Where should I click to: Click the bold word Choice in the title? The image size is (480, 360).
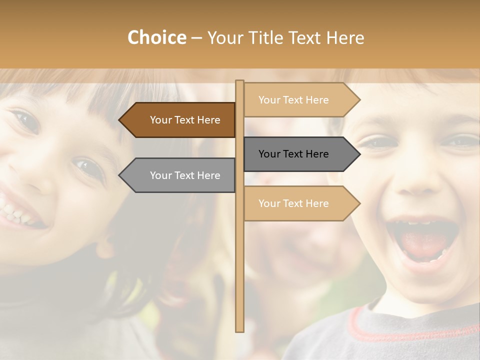[x=156, y=37]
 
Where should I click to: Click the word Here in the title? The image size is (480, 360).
[x=345, y=37]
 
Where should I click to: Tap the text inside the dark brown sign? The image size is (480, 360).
[x=185, y=120]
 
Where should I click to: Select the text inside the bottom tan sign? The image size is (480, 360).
[x=293, y=203]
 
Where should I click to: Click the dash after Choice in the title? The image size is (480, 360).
[x=196, y=38]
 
